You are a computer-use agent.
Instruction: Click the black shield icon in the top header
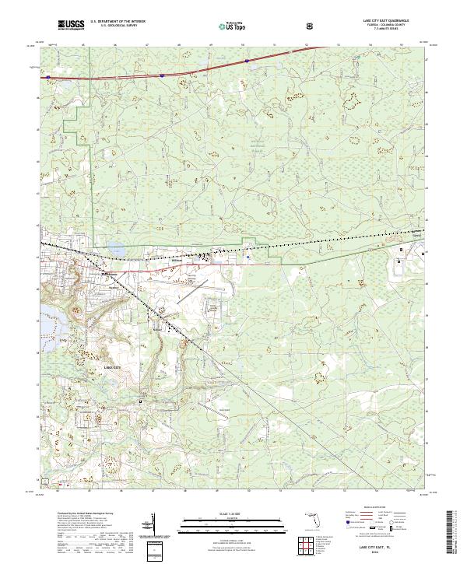point(312,26)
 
